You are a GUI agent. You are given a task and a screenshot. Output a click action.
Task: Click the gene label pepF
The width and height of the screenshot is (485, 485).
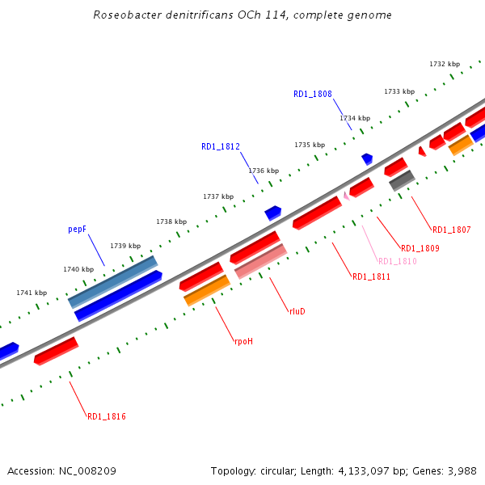(77, 230)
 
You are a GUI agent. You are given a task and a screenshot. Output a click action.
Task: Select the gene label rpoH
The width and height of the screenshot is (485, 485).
(243, 342)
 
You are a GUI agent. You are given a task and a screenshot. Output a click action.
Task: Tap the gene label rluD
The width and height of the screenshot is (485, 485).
(297, 310)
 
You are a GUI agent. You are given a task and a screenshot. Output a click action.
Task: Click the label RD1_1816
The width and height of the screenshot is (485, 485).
(107, 416)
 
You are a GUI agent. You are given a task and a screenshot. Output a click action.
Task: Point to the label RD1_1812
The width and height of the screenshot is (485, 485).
(221, 146)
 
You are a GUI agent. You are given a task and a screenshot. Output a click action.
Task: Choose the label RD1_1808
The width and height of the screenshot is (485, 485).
(313, 94)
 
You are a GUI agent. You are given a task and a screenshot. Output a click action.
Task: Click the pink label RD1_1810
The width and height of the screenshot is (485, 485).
(398, 261)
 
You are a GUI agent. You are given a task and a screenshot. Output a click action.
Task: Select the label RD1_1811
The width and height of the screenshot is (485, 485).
(371, 276)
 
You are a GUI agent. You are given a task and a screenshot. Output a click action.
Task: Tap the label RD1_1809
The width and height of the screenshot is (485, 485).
(420, 248)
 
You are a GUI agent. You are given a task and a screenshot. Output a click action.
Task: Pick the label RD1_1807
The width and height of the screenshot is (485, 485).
(451, 230)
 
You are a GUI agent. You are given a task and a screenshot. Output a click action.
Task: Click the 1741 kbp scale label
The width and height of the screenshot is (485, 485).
(32, 293)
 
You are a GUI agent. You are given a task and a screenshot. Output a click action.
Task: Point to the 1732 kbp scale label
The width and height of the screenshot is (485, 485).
(445, 64)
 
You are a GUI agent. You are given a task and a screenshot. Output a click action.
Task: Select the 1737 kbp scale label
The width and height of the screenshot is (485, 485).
(218, 196)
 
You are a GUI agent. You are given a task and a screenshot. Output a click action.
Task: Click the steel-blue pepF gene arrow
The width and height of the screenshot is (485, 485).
(113, 281)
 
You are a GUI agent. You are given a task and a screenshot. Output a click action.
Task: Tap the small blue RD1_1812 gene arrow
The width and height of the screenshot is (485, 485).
(272, 213)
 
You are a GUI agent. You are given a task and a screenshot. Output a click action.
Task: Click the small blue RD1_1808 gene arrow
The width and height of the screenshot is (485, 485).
(367, 158)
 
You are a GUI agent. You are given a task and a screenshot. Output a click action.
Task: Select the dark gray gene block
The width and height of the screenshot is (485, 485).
(402, 180)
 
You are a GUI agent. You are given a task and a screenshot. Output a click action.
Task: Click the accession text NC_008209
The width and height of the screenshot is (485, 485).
(87, 470)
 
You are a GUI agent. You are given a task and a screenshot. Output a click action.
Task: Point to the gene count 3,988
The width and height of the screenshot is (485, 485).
(461, 470)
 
